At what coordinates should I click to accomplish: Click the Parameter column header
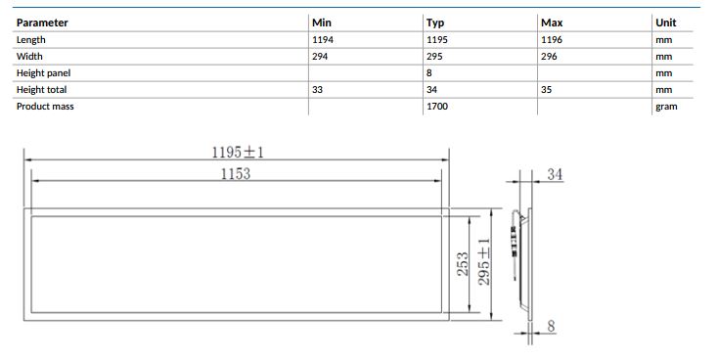click(x=42, y=22)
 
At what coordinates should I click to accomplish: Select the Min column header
click(x=322, y=22)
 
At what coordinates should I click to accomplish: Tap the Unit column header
click(x=666, y=22)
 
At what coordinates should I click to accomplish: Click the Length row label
click(x=30, y=40)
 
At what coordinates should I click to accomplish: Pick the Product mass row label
click(x=45, y=107)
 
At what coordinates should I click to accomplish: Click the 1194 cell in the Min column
click(x=323, y=40)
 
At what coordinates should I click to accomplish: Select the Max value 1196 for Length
click(x=552, y=40)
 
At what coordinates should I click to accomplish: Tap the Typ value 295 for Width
click(x=434, y=57)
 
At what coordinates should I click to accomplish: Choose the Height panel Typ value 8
click(x=429, y=72)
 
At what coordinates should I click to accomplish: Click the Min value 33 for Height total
click(x=317, y=90)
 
